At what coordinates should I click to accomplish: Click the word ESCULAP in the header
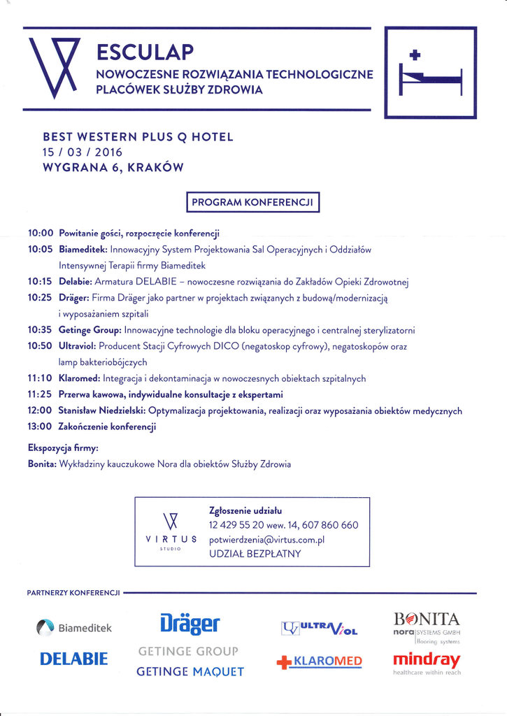click(x=145, y=52)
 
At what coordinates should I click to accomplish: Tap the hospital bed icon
click(x=430, y=73)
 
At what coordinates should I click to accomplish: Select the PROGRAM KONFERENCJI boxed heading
click(x=253, y=202)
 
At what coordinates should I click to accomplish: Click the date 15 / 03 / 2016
click(x=83, y=152)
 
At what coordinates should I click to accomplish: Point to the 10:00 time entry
click(x=41, y=233)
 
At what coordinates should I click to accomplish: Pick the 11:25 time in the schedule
click(x=41, y=394)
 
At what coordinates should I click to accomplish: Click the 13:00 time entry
click(x=41, y=426)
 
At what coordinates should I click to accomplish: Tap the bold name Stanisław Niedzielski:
click(x=102, y=410)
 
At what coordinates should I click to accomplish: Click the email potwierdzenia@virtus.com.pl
click(x=266, y=539)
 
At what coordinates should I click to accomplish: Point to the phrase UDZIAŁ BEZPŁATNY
click(x=255, y=554)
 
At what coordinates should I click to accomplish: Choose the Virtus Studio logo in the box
click(x=171, y=531)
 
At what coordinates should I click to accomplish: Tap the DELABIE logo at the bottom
click(x=73, y=659)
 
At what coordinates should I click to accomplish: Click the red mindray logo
click(x=427, y=659)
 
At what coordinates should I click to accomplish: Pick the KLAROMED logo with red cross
click(x=320, y=661)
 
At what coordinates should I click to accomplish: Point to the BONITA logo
click(x=427, y=619)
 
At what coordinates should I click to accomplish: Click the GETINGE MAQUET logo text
click(x=190, y=672)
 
